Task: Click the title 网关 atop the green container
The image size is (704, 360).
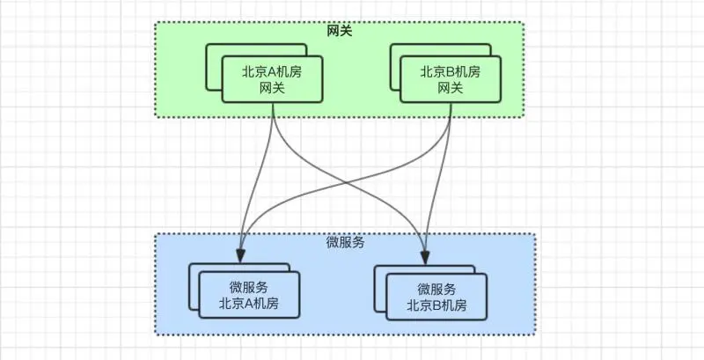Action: click(x=339, y=32)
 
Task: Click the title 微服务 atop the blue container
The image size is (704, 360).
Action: click(x=345, y=242)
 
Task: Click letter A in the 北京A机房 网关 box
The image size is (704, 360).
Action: click(x=272, y=72)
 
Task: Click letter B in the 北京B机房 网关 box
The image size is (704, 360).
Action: click(x=450, y=72)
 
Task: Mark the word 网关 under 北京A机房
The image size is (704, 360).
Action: click(x=271, y=89)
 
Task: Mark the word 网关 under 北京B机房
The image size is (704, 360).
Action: click(x=450, y=89)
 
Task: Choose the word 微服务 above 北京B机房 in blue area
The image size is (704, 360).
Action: click(x=436, y=289)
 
